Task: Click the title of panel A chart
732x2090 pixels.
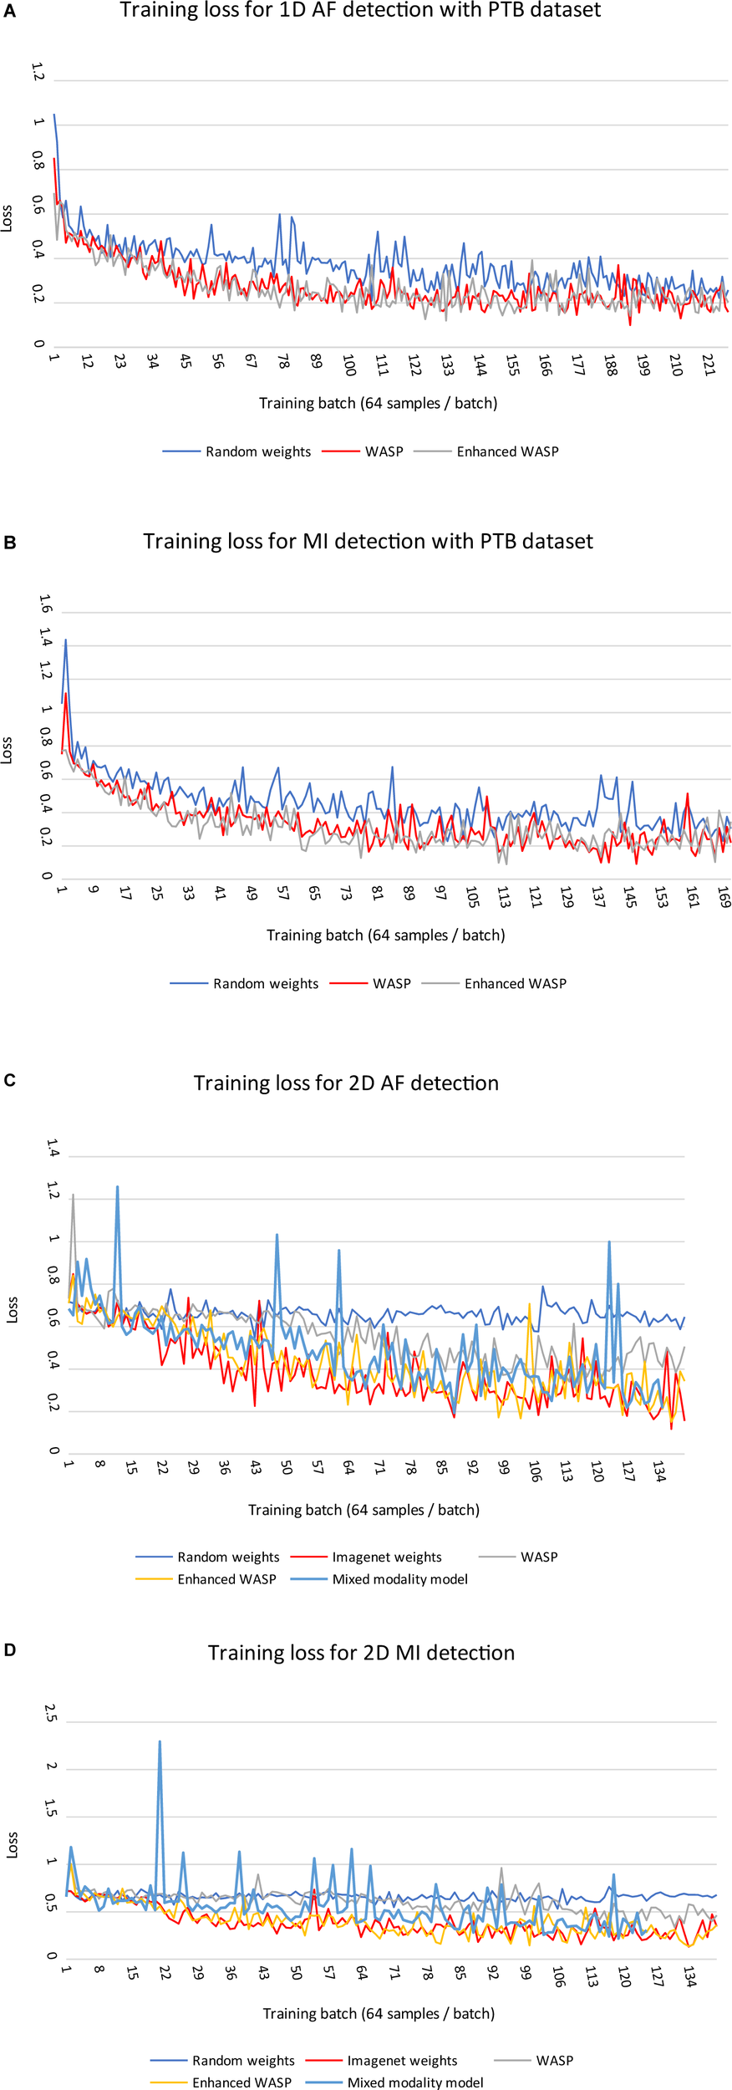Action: click(x=360, y=11)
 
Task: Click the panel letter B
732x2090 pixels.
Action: click(x=10, y=543)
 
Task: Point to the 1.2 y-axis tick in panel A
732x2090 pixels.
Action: click(x=38, y=73)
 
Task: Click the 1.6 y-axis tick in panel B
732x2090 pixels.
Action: click(x=45, y=604)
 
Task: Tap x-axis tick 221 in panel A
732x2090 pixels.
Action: click(x=709, y=365)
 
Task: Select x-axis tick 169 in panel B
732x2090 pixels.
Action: click(x=724, y=897)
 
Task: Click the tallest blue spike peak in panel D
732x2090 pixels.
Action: click(x=160, y=1741)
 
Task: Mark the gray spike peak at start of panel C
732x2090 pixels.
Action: click(x=73, y=1195)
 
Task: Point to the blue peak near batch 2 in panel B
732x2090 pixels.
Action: click(x=65, y=640)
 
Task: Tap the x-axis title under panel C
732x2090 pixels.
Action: click(x=363, y=1510)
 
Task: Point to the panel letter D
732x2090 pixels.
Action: click(x=10, y=1650)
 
